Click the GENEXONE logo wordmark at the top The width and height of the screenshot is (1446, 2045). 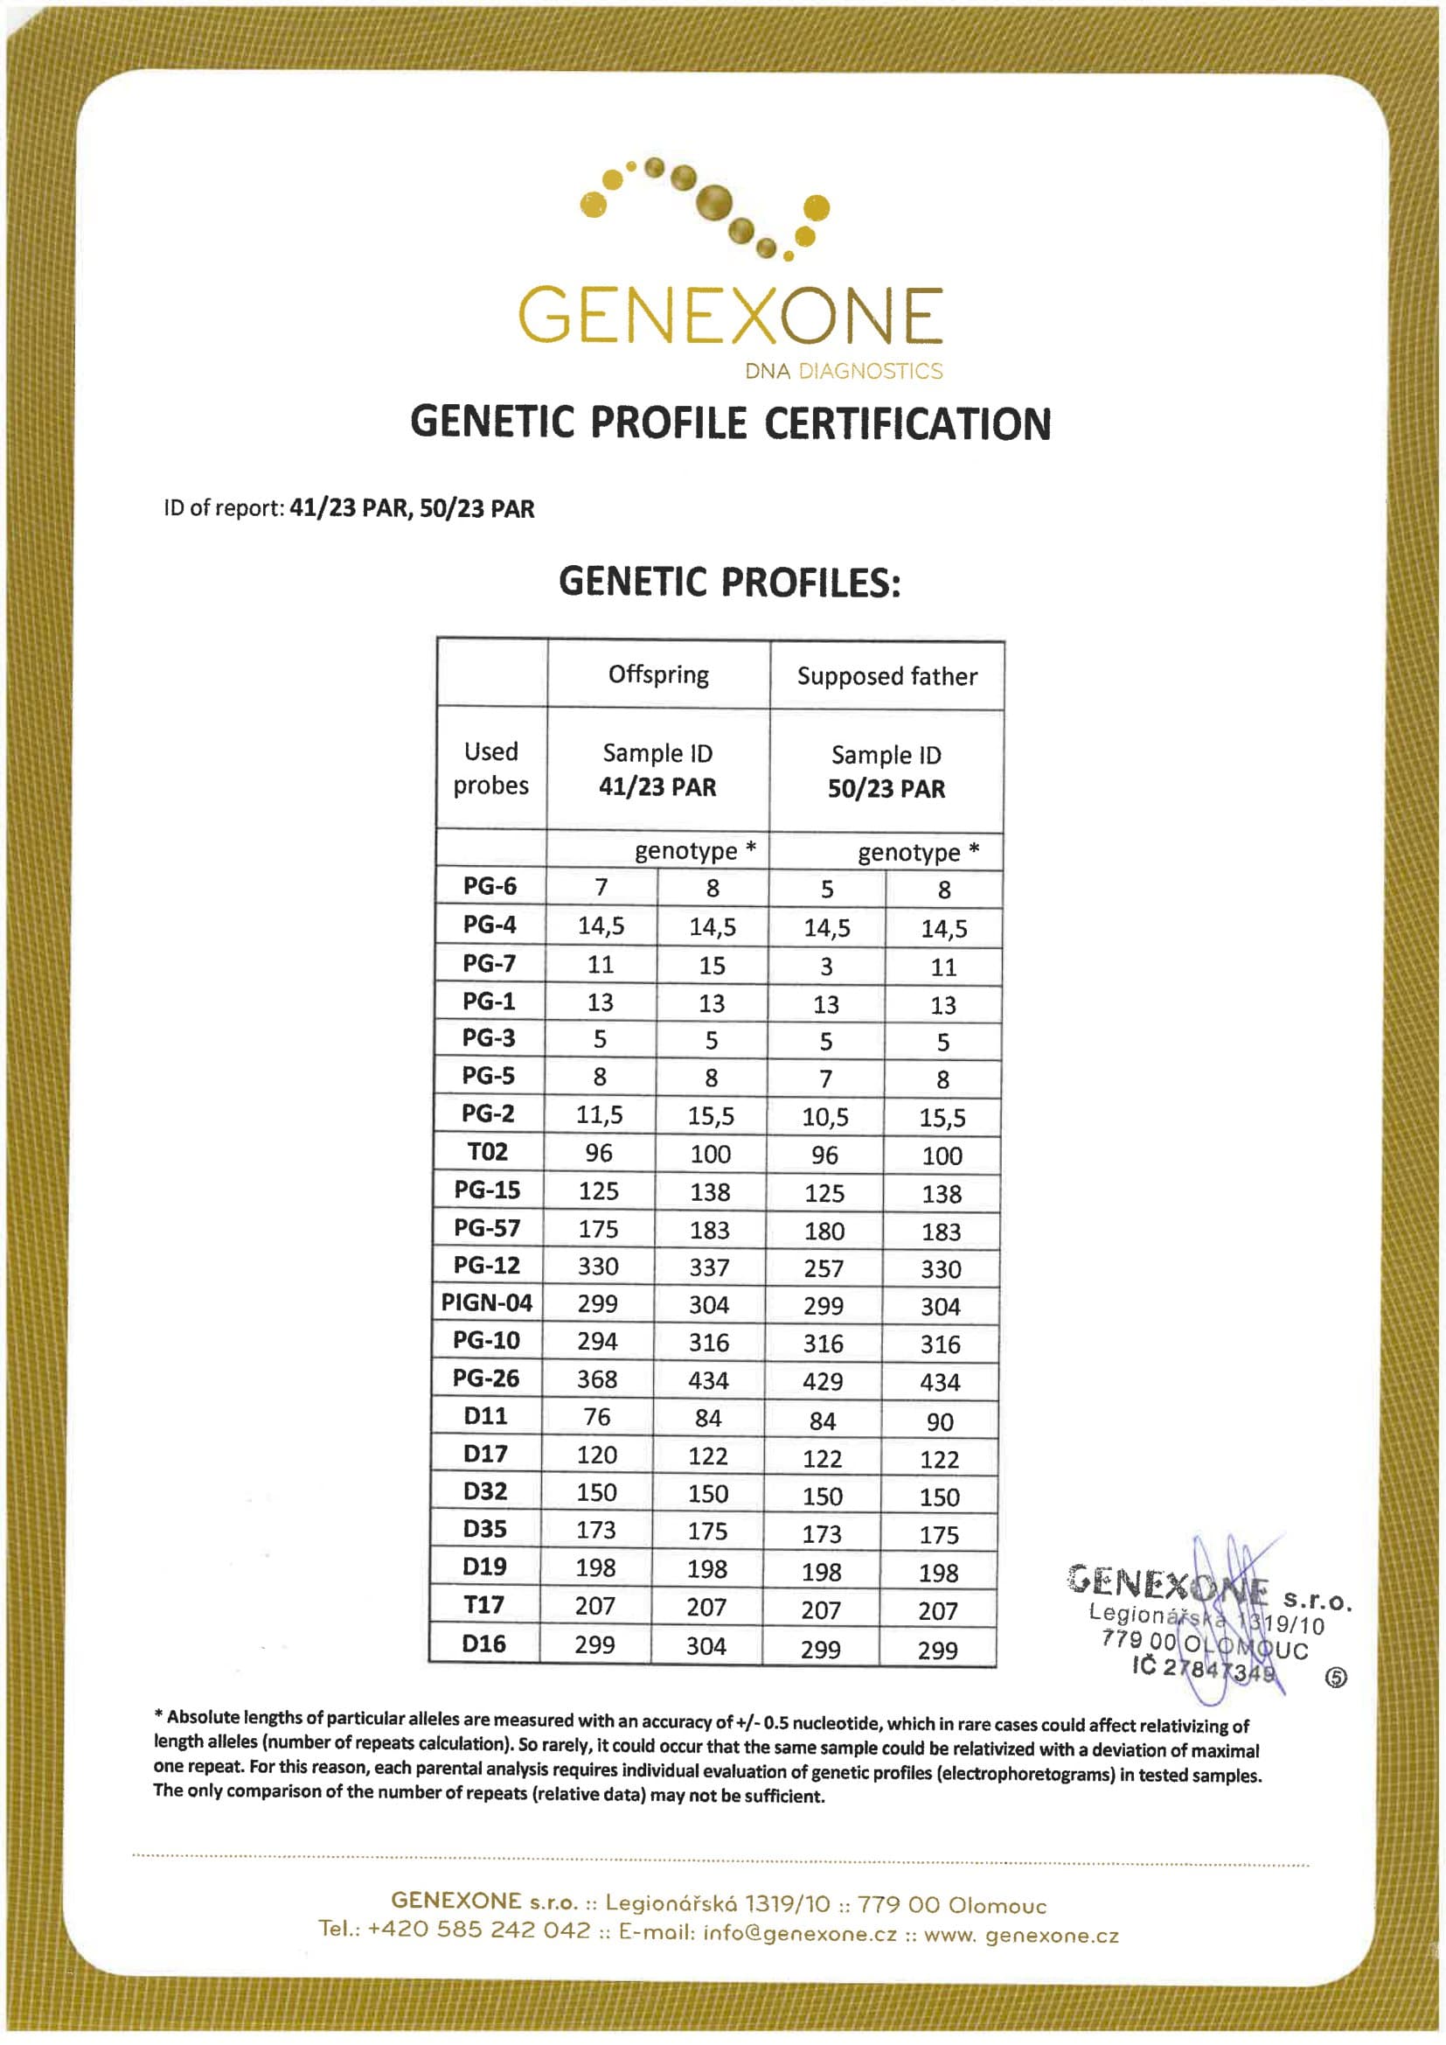pos(730,315)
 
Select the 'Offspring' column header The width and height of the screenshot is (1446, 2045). pos(659,675)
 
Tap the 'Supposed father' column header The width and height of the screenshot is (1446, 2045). pos(886,677)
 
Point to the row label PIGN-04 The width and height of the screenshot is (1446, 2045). pos(487,1303)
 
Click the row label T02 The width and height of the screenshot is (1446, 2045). pos(488,1152)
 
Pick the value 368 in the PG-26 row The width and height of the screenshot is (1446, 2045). pos(596,1378)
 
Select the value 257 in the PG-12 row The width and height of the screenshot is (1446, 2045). pos(823,1268)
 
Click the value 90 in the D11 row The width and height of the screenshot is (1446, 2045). pos(941,1422)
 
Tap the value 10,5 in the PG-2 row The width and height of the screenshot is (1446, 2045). pos(825,1117)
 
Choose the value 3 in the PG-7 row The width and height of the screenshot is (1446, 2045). pos(826,967)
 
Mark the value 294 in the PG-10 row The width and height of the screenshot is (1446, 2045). pos(597,1342)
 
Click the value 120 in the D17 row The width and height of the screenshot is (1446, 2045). pos(596,1455)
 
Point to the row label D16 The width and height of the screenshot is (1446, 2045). pos(484,1644)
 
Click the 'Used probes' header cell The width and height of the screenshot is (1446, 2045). pos(491,768)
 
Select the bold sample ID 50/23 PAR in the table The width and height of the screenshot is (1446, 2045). pos(886,789)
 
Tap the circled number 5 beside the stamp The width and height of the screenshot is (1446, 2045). pos(1337,1678)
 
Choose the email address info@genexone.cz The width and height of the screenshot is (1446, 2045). pos(800,1934)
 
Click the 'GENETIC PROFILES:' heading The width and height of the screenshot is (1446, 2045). pos(730,583)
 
